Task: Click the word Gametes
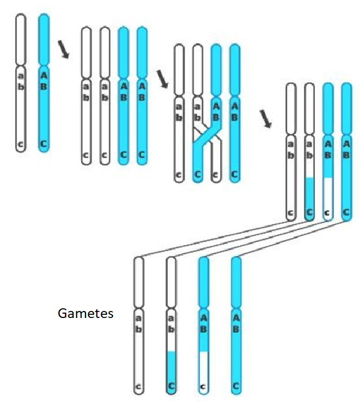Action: click(86, 313)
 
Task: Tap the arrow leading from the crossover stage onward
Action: click(265, 118)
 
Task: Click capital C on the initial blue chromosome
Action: click(44, 144)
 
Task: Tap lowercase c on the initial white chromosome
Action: click(20, 144)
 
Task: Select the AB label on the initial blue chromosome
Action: click(44, 80)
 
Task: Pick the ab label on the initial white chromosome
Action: click(20, 80)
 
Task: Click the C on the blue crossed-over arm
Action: click(197, 174)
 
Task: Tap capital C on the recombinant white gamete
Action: click(172, 386)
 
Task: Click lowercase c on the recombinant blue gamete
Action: click(204, 386)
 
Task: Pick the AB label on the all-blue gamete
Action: click(236, 323)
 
